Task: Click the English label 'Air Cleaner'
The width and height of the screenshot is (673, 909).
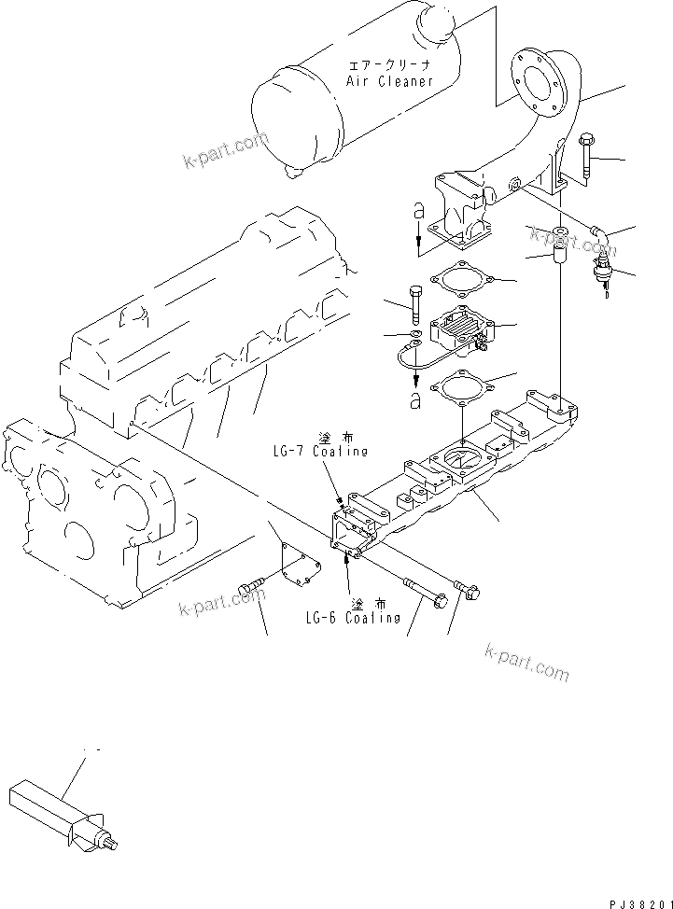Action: point(389,81)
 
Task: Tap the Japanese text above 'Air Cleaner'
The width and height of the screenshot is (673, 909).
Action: point(390,65)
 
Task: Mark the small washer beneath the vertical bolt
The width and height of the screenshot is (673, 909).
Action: point(414,333)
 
